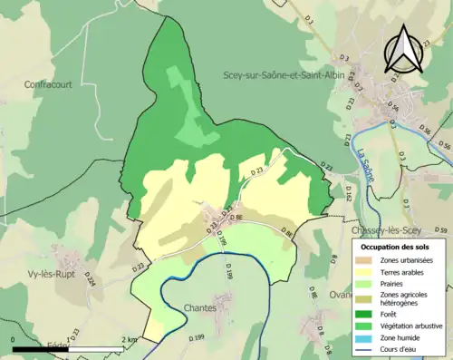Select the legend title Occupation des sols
pyautogui.click(x=396, y=247)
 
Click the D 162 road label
pyautogui.click(x=346, y=190)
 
